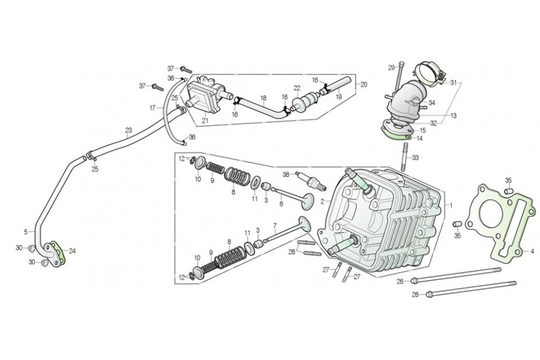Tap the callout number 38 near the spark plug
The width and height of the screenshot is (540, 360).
click(286, 175)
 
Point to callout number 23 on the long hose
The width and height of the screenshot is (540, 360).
click(128, 130)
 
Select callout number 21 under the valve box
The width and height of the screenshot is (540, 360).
click(205, 121)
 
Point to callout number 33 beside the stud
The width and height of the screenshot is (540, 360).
click(415, 158)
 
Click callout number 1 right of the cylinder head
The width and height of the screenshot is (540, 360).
click(451, 204)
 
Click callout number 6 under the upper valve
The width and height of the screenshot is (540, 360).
click(280, 204)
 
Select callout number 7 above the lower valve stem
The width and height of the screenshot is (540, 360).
click(274, 227)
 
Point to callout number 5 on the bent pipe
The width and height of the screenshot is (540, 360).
click(26, 231)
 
